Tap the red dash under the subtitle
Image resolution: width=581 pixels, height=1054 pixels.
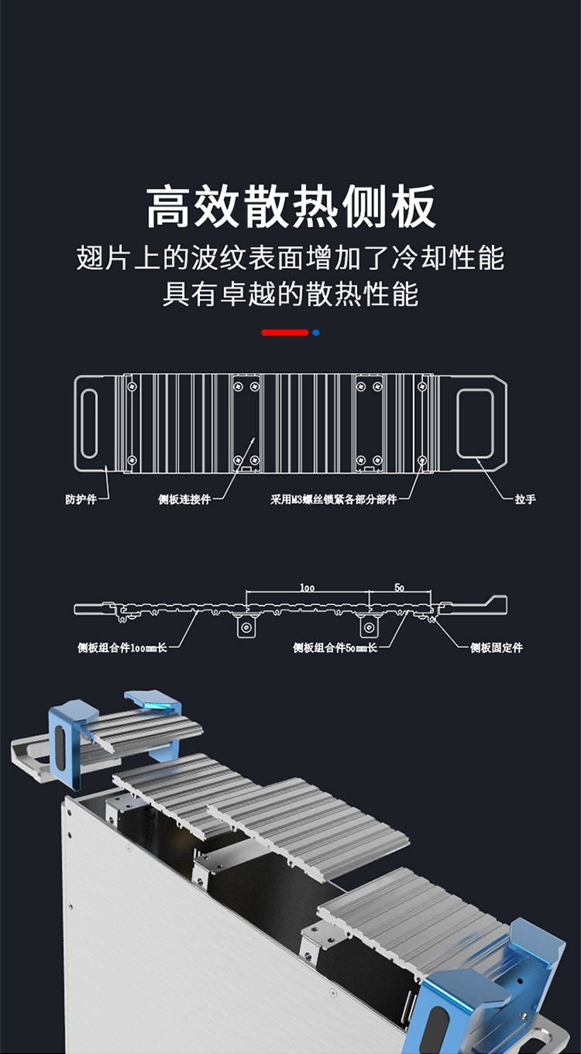pos(285,332)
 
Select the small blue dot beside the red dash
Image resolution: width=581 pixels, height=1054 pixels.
pos(316,332)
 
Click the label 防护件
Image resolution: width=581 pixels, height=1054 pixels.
pos(81,500)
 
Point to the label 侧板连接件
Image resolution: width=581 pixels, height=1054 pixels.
pos(184,500)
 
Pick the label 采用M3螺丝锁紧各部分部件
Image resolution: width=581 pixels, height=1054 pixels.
pos(333,500)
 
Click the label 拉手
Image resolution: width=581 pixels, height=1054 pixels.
pos(525,500)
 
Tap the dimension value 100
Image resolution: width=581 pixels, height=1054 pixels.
pos(307,588)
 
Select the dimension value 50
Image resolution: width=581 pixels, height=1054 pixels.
pos(399,588)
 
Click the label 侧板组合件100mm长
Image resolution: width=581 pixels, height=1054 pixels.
pos(122,647)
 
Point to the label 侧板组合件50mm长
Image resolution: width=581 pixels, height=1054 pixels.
pos(335,647)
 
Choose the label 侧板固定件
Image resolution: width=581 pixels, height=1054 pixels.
pos(497,647)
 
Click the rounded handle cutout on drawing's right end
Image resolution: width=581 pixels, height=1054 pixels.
pos(475,424)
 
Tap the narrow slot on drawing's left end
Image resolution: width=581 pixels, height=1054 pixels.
pos(90,424)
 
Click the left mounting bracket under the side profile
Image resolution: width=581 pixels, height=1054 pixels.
pos(247,626)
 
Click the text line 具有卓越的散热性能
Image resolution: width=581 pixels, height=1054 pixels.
pos(290,294)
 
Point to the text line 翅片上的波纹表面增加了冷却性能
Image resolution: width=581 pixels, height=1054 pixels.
pos(290,258)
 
